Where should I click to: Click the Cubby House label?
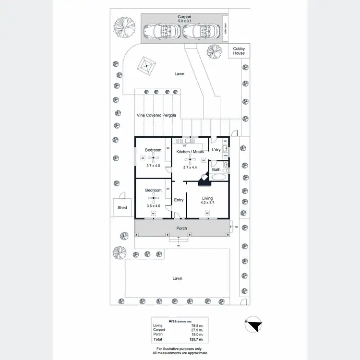tap(239, 51)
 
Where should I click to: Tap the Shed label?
tap(122, 208)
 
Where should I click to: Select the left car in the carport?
tap(162, 32)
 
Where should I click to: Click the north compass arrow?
tap(254, 325)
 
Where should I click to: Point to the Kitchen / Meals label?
tap(190, 152)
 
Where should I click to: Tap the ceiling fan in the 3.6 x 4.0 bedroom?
tap(154, 197)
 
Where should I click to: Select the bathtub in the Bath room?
tap(219, 177)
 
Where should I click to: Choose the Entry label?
tap(179, 200)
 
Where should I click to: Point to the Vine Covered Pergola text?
tap(156, 115)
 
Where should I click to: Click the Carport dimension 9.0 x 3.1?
tap(185, 21)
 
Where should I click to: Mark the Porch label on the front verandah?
tap(181, 228)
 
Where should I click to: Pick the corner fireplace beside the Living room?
tap(204, 178)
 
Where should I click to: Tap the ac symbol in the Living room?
tap(207, 214)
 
